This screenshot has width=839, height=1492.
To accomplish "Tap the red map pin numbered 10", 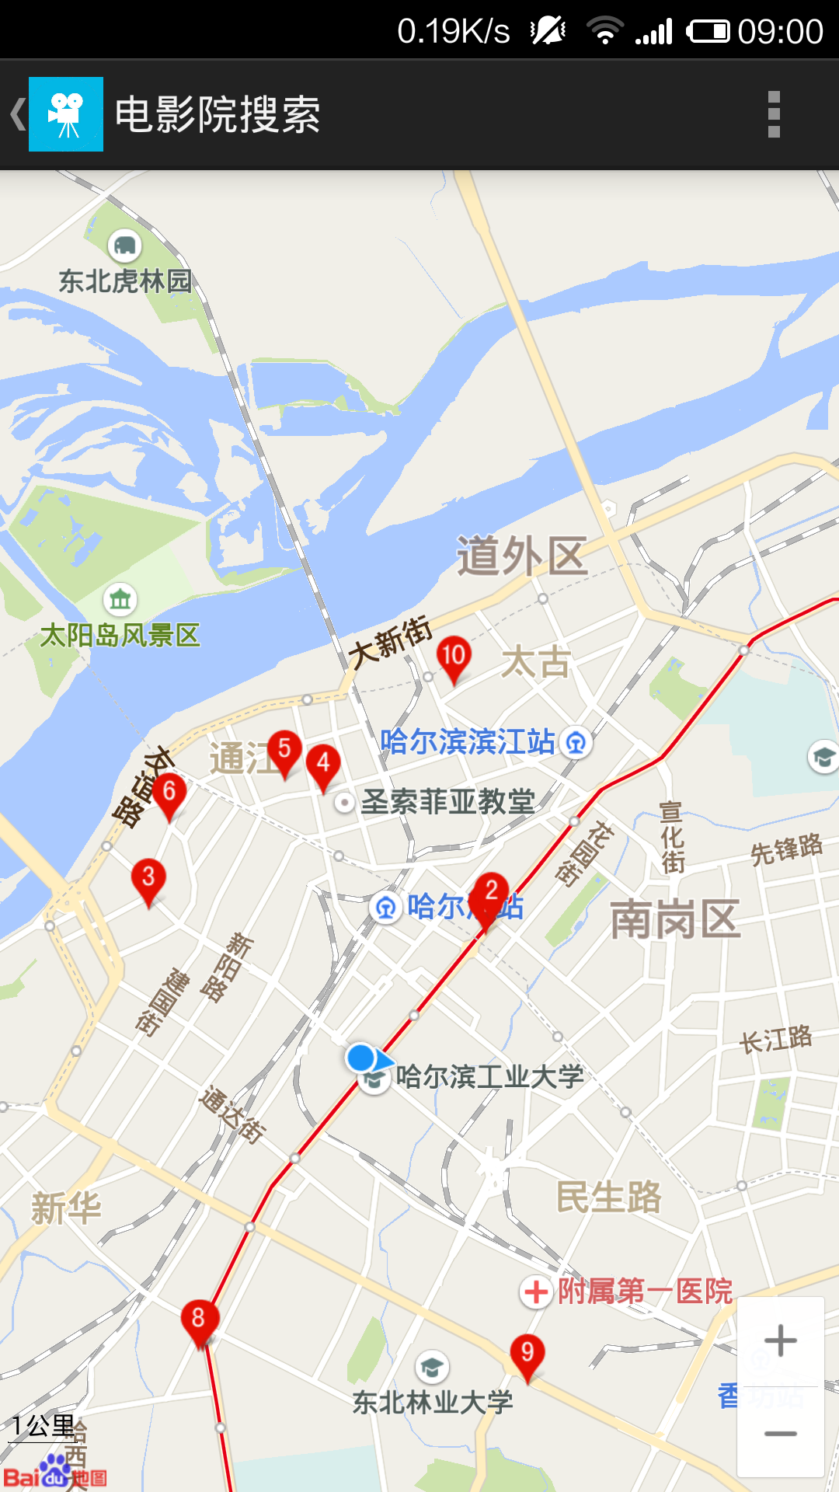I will coord(453,657).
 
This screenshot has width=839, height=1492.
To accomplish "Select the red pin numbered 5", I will coord(284,751).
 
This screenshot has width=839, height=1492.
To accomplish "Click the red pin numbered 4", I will coord(323,765).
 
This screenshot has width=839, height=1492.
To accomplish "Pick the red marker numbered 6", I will coord(169,793).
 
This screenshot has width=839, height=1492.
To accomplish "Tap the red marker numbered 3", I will coord(148,879).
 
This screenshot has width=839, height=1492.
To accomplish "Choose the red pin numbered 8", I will coord(199,1320).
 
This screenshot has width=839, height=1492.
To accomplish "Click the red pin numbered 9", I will coord(527,1354).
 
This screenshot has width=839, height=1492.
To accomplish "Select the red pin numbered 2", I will coord(491,894).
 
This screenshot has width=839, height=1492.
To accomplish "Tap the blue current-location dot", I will coord(360,1058).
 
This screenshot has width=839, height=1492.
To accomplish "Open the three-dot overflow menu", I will coord(773,114).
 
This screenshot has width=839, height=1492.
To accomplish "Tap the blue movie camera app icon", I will coord(66,114).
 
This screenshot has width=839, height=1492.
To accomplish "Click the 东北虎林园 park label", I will coord(125,281).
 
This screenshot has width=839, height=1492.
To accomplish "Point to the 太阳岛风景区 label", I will coord(120,635).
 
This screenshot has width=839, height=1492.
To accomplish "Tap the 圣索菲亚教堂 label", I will coord(447,801).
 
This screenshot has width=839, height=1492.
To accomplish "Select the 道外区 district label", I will coord(521,556).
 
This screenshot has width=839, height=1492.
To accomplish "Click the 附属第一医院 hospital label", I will coord(645,1292).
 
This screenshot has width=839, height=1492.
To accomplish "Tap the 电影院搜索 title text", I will coord(218,114).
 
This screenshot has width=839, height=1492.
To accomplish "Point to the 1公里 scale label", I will coord(43,1426).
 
